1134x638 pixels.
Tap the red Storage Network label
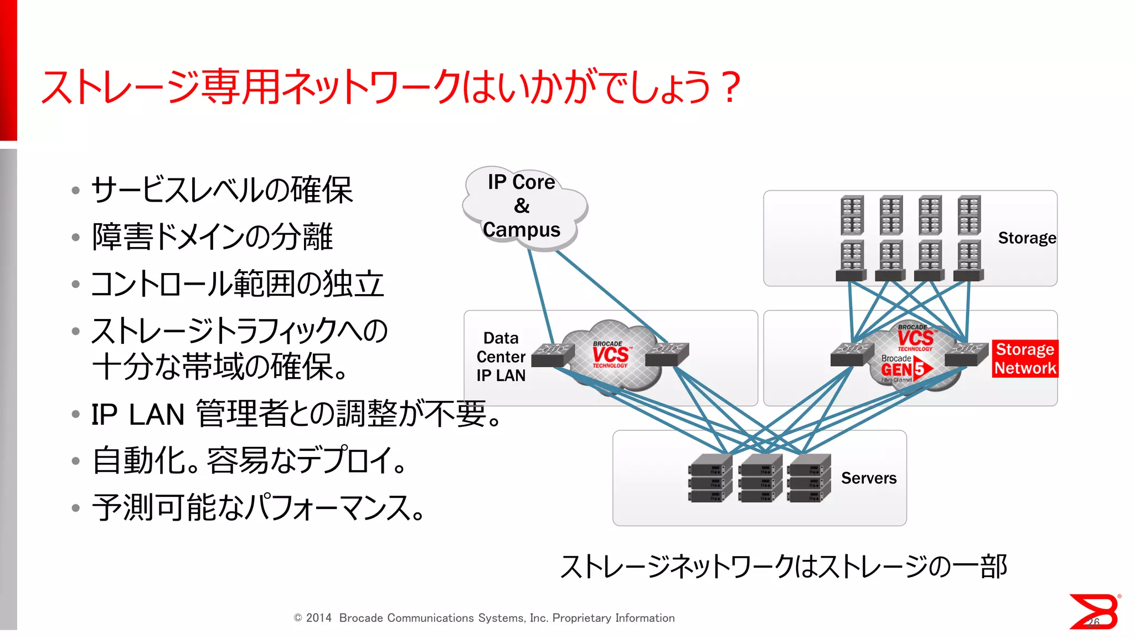click(x=1025, y=359)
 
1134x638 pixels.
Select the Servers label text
click(x=868, y=478)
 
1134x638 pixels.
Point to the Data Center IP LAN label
click(x=501, y=357)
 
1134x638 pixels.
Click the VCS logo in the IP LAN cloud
click(x=610, y=354)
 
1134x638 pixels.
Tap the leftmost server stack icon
click(x=710, y=478)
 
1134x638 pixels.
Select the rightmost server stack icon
click(x=810, y=478)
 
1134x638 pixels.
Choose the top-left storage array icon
click(x=852, y=215)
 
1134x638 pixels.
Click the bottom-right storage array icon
click(x=969, y=261)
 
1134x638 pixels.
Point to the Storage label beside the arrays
click(x=1027, y=238)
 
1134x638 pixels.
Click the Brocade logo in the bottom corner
click(x=1094, y=611)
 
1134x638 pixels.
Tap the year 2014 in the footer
click(x=318, y=618)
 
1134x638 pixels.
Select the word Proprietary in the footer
click(x=581, y=618)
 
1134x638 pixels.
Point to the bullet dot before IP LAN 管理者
click(x=76, y=414)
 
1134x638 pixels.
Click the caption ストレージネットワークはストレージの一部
click(x=784, y=567)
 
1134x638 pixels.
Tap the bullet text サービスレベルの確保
click(x=221, y=190)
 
